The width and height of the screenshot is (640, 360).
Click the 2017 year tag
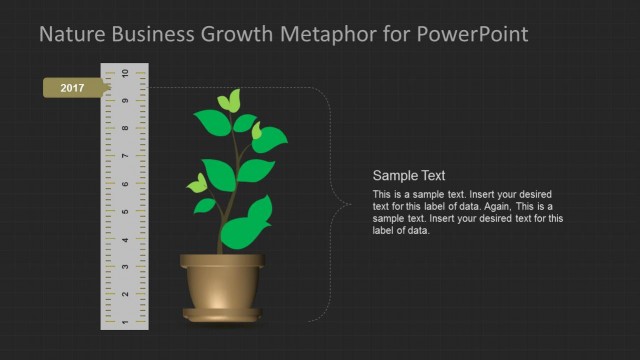pos(72,89)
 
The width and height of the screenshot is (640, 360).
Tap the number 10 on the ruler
pos(124,74)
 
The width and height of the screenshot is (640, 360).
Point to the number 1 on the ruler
pos(124,322)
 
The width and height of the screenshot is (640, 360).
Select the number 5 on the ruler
pos(124,212)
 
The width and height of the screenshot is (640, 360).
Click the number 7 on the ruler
pos(124,157)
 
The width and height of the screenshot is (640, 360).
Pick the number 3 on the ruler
pos(124,267)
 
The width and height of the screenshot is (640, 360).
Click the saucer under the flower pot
pos(223,316)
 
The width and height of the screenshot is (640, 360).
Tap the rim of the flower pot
pos(223,261)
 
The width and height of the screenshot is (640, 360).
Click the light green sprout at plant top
pos(230,100)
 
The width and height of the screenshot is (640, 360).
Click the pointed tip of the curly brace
pos(348,205)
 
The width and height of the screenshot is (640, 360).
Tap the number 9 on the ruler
pos(124,101)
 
